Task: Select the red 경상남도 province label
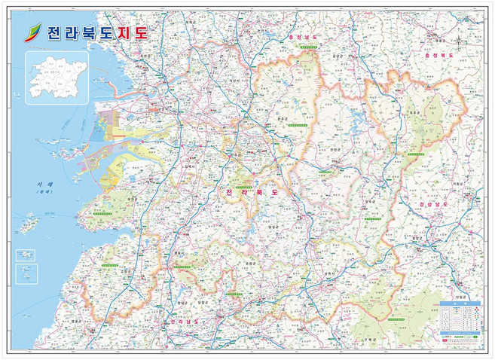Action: click(435, 204)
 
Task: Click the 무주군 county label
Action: click(412, 113)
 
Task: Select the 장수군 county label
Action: click(368, 201)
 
